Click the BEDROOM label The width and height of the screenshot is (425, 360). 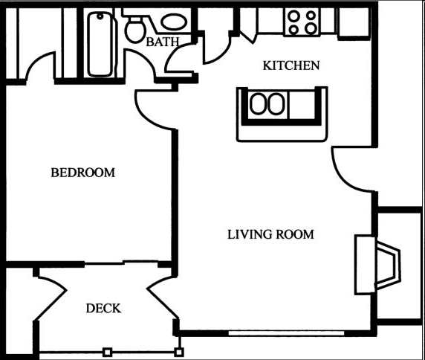pyautogui.click(x=83, y=173)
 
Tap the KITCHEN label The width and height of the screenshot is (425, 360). pyautogui.click(x=291, y=65)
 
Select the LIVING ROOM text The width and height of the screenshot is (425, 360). pyautogui.click(x=270, y=234)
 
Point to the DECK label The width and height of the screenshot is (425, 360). pyautogui.click(x=103, y=309)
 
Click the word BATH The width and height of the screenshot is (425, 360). pyautogui.click(x=163, y=42)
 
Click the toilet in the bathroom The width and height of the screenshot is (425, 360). pyautogui.click(x=135, y=29)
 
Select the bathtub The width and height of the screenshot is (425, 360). pyautogui.click(x=100, y=44)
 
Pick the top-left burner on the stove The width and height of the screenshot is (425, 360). pyautogui.click(x=293, y=16)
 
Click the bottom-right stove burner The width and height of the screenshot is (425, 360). pyautogui.click(x=311, y=28)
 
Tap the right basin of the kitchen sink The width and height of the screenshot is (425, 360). pyautogui.click(x=276, y=103)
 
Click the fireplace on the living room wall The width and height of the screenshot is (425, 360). pyautogui.click(x=377, y=265)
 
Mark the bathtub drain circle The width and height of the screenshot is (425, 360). pyautogui.click(x=100, y=16)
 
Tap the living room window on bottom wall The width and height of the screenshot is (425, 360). pyautogui.click(x=286, y=333)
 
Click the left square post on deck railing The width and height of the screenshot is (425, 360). pyautogui.click(x=107, y=353)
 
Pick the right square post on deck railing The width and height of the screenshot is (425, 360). pyautogui.click(x=178, y=352)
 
